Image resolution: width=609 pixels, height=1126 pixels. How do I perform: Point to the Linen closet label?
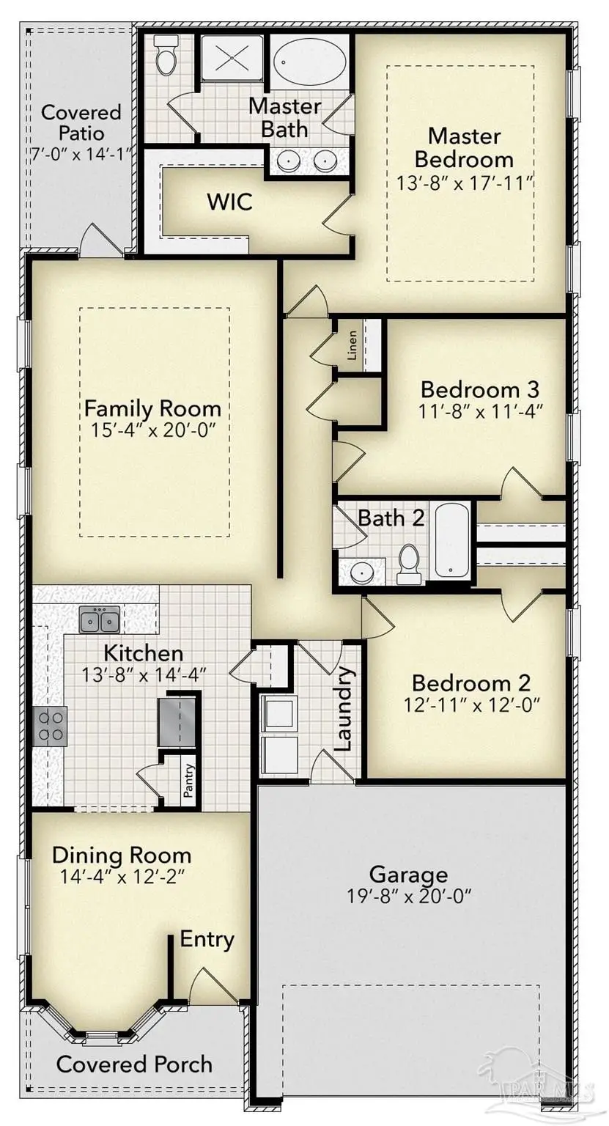coord(353,345)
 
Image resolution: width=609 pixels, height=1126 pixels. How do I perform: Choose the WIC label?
coord(229,202)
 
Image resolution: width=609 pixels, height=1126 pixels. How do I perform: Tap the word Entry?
coord(207,939)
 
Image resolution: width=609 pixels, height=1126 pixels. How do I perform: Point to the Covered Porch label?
coord(134,1064)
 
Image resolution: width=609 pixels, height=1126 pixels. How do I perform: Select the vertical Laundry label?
coord(344,709)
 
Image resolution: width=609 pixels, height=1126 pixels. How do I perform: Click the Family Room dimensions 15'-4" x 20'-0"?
coord(152,430)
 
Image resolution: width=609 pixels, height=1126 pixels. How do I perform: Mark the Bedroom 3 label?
coord(480,388)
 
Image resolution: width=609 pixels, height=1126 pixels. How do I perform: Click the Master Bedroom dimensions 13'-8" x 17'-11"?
coord(465,183)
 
